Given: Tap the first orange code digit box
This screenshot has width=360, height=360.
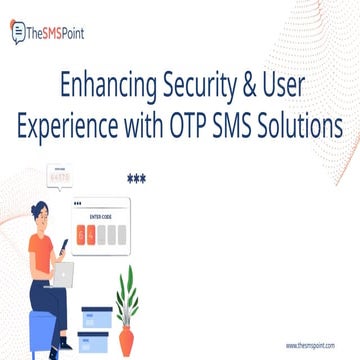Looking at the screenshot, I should point(82,234).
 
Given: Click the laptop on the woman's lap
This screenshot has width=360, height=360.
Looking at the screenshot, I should point(63,270).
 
